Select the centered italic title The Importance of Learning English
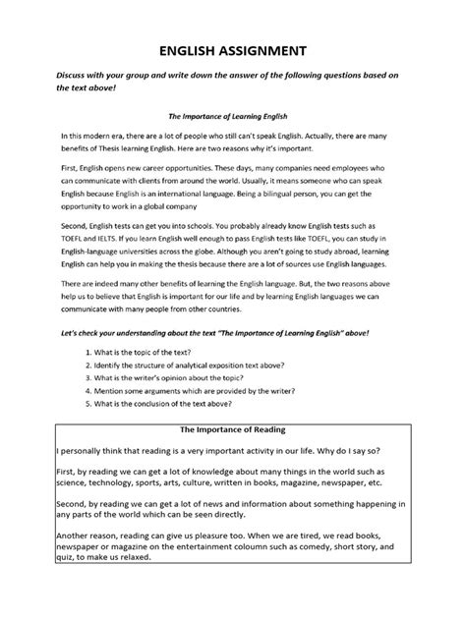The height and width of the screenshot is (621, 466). (233, 115)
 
